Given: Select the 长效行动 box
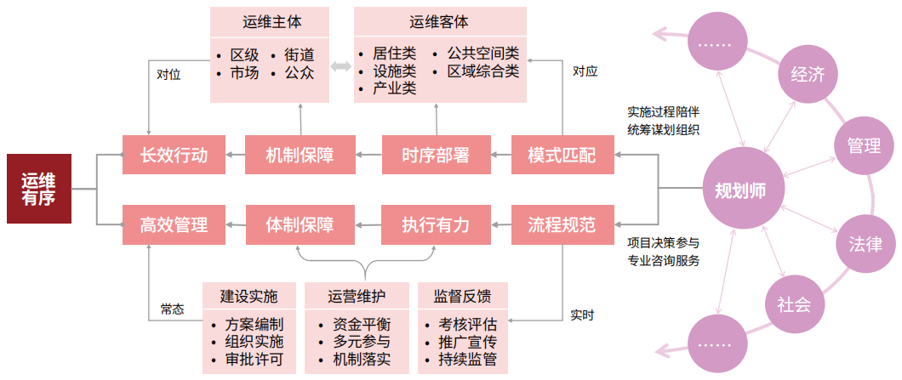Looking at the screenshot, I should (x=174, y=155).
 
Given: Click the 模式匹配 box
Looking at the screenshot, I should (x=562, y=155).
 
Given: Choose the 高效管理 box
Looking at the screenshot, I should (x=174, y=225).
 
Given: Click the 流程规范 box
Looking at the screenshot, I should (x=562, y=225).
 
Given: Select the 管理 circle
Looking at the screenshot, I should (x=863, y=145).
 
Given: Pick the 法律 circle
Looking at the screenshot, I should (x=865, y=244).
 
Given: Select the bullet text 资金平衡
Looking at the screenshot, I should (x=362, y=325).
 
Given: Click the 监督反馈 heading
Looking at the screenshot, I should (x=462, y=297).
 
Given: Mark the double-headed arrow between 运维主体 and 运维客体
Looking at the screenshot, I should (x=341, y=67).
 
